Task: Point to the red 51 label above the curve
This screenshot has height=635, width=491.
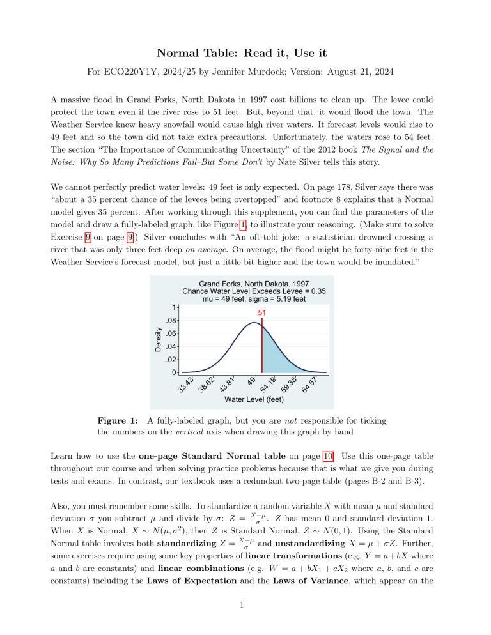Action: tap(262, 313)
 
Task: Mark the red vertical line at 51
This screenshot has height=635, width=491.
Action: tap(262, 345)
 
